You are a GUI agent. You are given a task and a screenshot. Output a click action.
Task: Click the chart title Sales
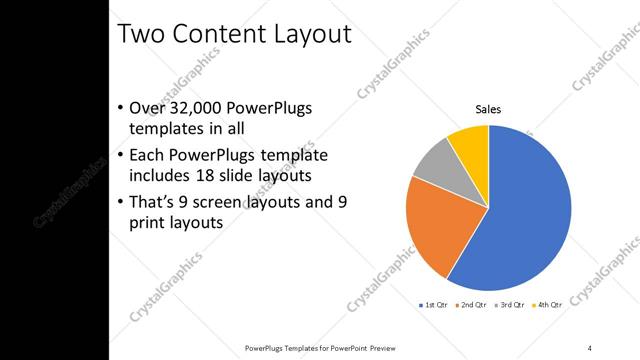point(488,110)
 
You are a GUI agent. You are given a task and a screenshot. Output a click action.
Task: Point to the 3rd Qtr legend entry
point(510,303)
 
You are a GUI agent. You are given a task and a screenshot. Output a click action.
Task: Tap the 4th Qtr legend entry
point(547,303)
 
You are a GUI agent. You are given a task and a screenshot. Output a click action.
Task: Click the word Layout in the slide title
point(312,33)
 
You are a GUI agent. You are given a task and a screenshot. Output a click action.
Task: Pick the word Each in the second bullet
point(148,156)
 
